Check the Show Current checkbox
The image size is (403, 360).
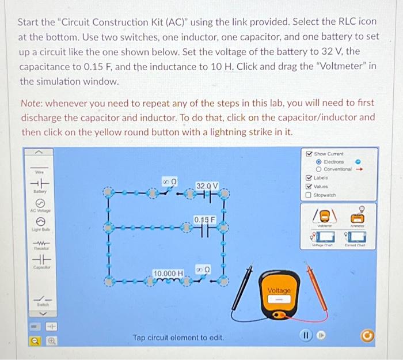tap(310, 154)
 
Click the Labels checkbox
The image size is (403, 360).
tap(310, 178)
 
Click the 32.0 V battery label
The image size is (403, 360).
tap(207, 185)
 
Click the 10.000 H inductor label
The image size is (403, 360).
tap(168, 272)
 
